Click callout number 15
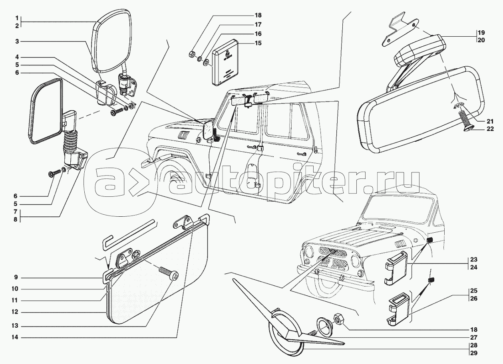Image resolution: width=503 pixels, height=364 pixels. click(x=258, y=43)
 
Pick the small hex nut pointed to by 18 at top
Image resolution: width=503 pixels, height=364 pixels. click(x=191, y=54)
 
